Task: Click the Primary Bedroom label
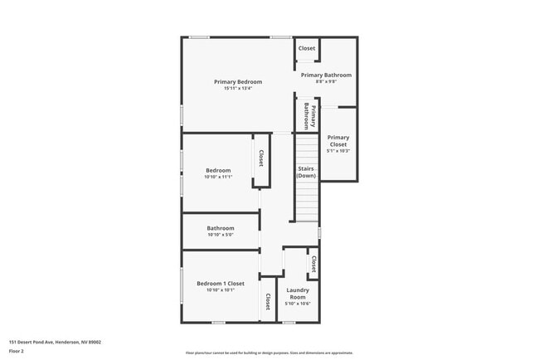click(x=238, y=81)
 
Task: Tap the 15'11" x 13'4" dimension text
click(x=238, y=89)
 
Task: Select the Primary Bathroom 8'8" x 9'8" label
click(x=326, y=75)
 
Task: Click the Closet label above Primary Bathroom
click(x=307, y=48)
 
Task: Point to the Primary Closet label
click(x=338, y=141)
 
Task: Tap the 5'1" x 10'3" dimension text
click(x=338, y=151)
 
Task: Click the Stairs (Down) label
click(x=307, y=173)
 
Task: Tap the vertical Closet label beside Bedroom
click(x=261, y=158)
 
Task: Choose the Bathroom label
click(x=221, y=228)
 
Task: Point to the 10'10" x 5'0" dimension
click(x=221, y=236)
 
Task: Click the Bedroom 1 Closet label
click(x=221, y=284)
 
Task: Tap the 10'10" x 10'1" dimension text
click(x=221, y=290)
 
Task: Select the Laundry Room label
click(x=298, y=293)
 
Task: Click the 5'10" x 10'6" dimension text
click(x=298, y=304)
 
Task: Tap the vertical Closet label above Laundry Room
click(x=313, y=263)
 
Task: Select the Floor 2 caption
click(x=17, y=351)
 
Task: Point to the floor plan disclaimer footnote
click(x=269, y=353)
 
